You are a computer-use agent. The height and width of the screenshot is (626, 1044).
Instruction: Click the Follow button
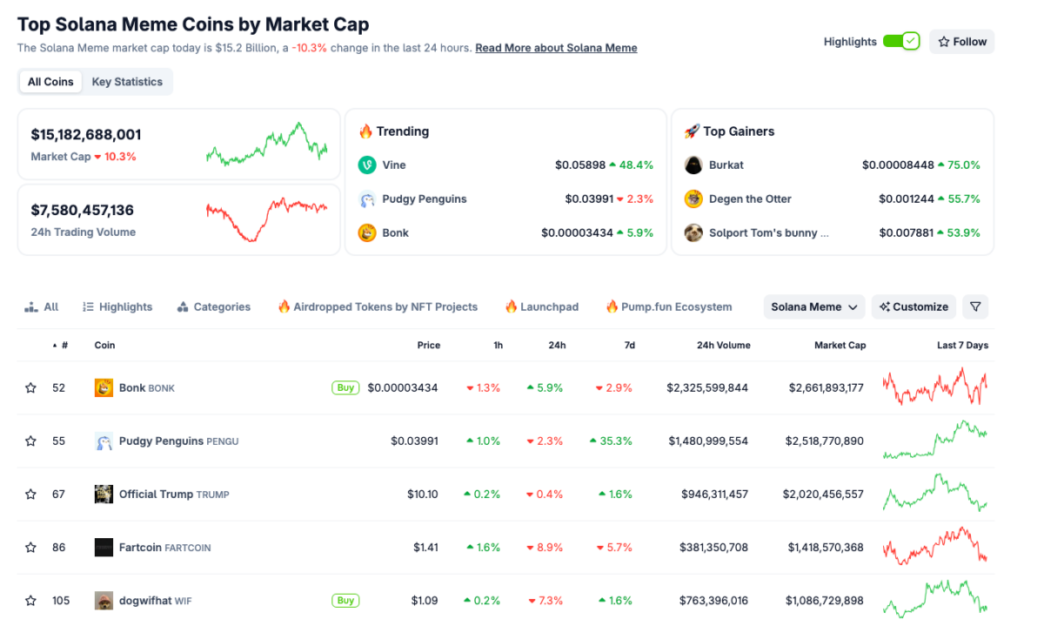point(961,42)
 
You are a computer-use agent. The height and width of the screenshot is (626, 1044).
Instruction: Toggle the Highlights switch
point(900,42)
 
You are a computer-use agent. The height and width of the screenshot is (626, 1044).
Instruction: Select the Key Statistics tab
point(127,82)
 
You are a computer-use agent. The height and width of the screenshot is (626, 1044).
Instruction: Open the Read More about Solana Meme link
point(556,48)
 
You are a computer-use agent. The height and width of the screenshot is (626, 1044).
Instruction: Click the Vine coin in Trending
point(393,165)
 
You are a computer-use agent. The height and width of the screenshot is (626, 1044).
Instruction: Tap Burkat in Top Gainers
point(726,165)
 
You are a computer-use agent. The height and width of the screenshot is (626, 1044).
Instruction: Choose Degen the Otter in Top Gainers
point(750,199)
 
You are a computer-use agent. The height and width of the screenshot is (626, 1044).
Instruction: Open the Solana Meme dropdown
point(814,306)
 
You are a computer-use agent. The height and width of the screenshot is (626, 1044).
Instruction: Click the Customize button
point(913,306)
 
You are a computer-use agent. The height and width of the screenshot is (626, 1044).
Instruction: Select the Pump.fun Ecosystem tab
point(669,306)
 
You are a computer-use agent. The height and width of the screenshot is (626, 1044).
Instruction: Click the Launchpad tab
point(541,306)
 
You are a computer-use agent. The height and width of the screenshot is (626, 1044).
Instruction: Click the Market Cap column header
point(840,346)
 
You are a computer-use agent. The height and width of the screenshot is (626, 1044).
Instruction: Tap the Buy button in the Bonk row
point(345,387)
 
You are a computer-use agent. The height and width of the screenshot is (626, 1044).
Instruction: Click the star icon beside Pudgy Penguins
point(31,441)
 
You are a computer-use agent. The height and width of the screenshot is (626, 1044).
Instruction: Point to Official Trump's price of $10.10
point(422,495)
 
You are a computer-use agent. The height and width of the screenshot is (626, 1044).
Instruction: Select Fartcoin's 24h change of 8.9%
point(545,548)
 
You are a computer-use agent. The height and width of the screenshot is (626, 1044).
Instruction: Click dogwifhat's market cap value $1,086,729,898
point(824,601)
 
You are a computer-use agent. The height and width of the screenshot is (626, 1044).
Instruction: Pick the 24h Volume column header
point(723,346)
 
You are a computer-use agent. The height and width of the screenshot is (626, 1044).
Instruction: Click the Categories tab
point(214,306)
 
